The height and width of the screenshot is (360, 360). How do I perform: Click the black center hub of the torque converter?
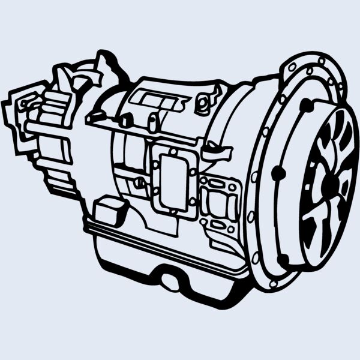click(327, 181)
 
